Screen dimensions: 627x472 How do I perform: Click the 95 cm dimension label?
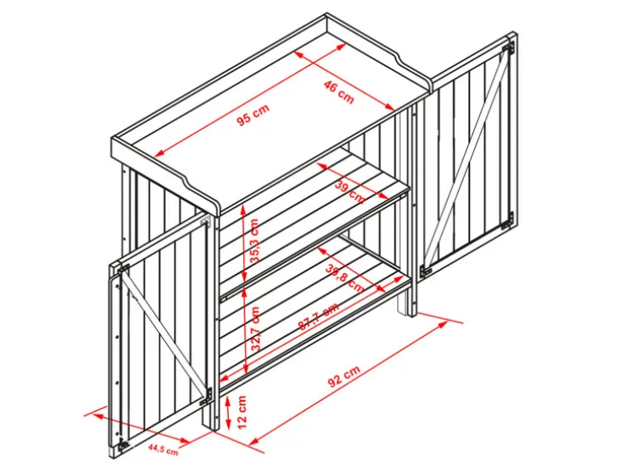coord(254,114)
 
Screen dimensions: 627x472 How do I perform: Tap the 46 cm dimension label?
coord(339,92)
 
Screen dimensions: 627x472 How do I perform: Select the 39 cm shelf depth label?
coord(351,192)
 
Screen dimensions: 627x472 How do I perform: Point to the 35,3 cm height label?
coord(254,240)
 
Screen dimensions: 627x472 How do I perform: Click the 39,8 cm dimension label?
coord(344,278)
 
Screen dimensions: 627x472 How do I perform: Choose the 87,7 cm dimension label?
coord(319,316)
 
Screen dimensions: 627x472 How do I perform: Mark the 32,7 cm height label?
coord(255,329)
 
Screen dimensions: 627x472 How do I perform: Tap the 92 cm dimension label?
coord(344,376)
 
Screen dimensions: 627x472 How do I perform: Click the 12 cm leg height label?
coord(243,412)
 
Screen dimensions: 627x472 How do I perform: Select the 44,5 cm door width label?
coord(163,449)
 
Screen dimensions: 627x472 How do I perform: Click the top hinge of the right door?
coord(508,47)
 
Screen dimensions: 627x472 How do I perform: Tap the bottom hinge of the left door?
coord(123,443)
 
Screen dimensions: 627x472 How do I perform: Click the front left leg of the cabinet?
coord(210,415)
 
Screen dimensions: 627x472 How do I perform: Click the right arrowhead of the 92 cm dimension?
coord(443,324)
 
